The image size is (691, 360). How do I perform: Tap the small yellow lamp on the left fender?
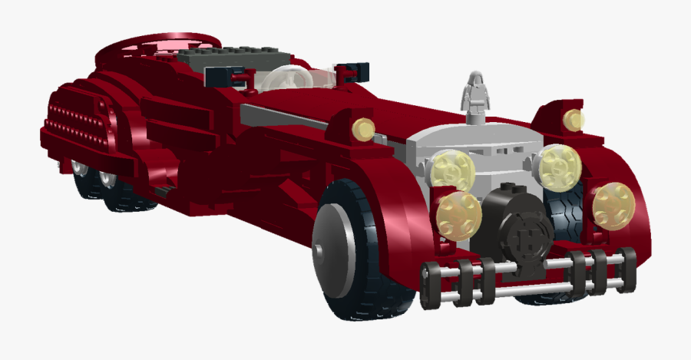click(x=362, y=129)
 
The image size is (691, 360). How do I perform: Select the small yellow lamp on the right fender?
click(x=572, y=119)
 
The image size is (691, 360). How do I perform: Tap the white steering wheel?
click(x=288, y=79)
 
